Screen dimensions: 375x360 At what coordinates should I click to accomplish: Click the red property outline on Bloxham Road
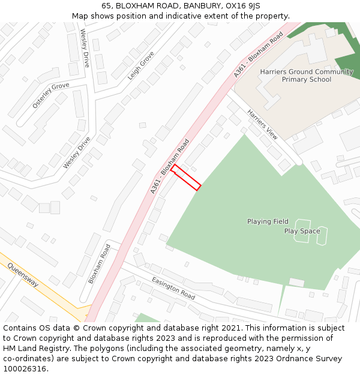[x=185, y=178]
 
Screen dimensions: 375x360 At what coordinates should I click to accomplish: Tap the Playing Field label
[x=268, y=221]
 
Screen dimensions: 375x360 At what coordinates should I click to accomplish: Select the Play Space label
[x=302, y=231]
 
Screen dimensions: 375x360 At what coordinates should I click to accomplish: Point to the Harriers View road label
[x=263, y=125]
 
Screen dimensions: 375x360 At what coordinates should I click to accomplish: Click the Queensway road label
[x=23, y=274]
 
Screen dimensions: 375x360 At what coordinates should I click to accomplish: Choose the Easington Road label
[x=173, y=289]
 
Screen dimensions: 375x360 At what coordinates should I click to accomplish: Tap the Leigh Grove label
[x=141, y=65]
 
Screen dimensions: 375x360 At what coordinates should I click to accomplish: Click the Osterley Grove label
[x=51, y=95]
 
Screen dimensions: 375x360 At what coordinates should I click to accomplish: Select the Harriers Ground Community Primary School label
[x=307, y=76]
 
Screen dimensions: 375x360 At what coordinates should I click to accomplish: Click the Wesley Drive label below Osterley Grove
[x=77, y=152]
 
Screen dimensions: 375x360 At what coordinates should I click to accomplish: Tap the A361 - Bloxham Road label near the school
[x=258, y=55]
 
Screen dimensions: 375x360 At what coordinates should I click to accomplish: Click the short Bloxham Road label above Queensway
[x=100, y=263]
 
